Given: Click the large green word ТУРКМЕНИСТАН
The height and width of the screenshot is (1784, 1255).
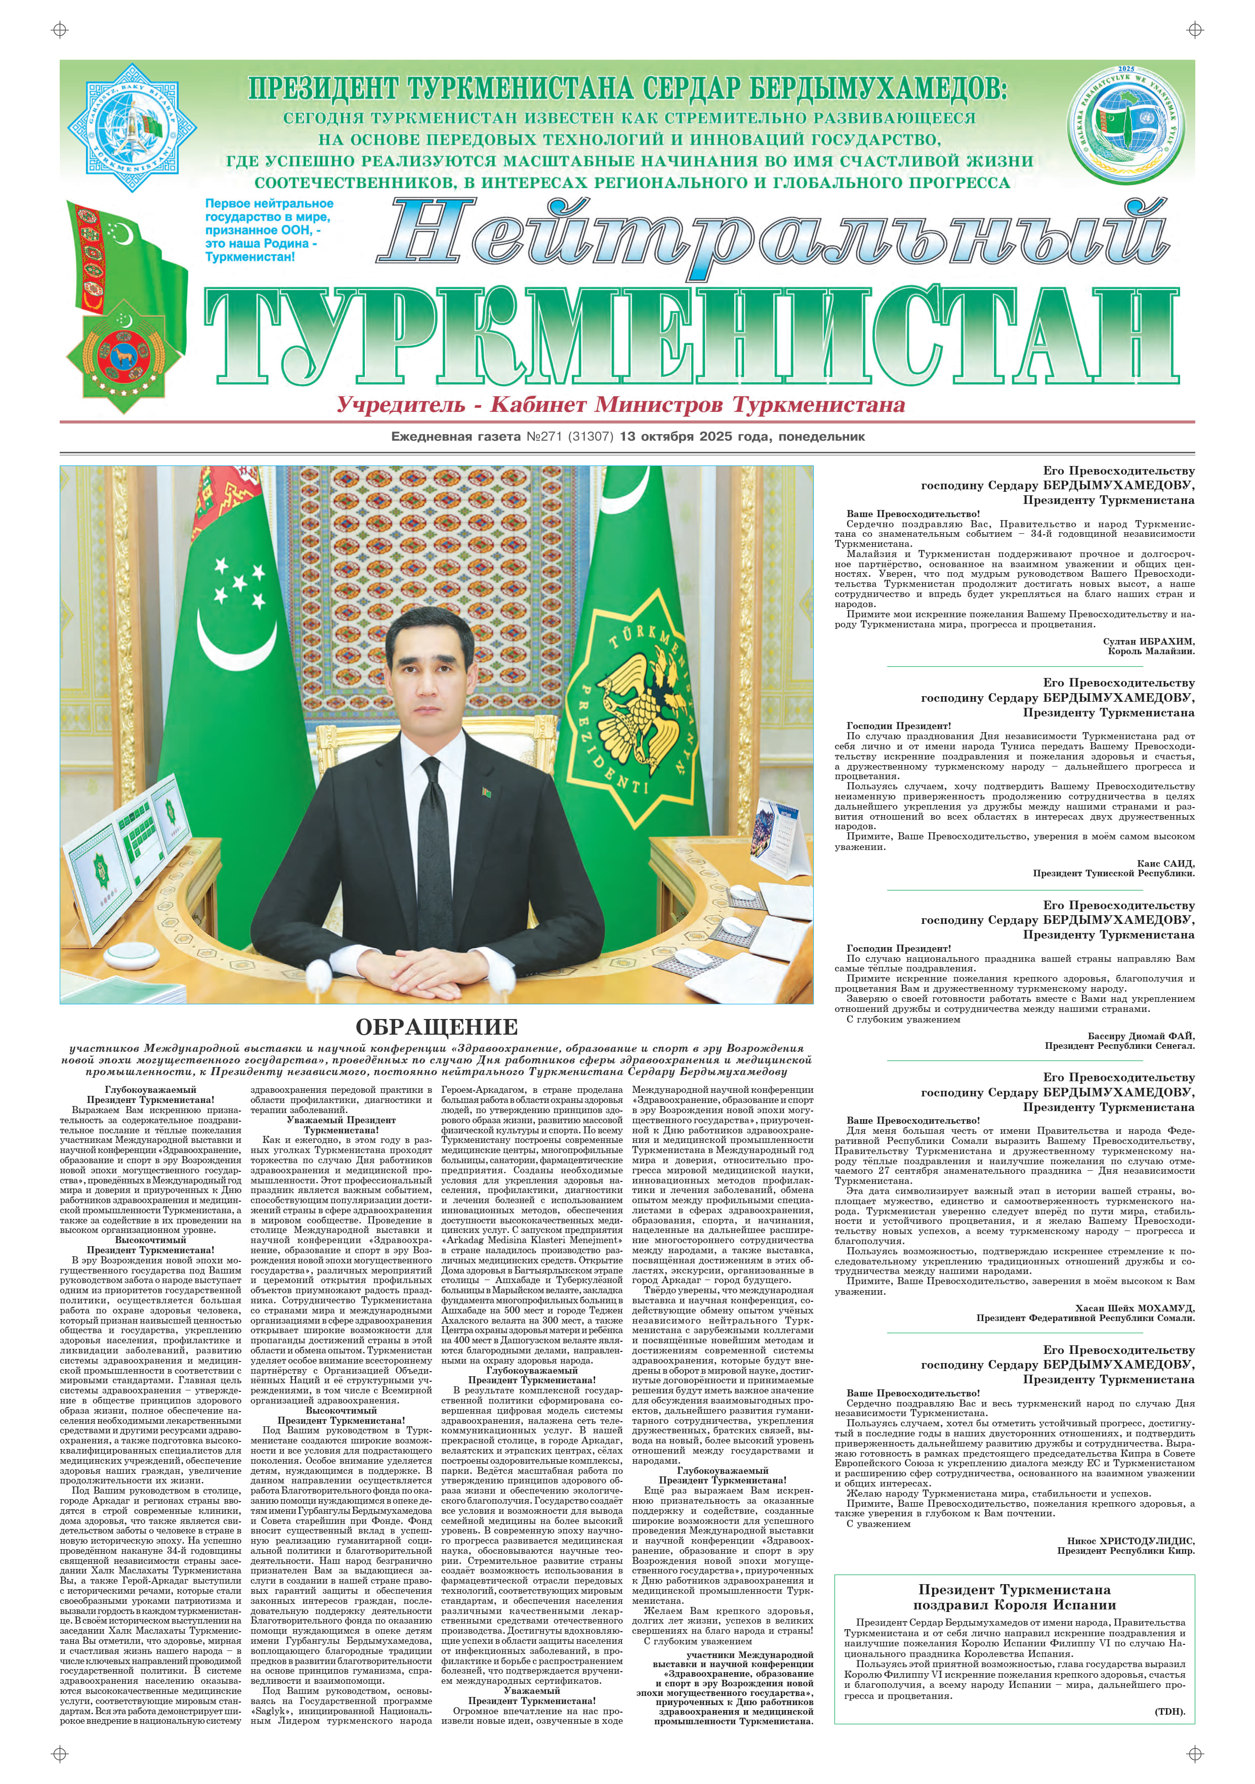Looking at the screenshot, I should [x=692, y=337].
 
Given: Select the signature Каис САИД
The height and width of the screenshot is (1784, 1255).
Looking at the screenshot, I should [x=1165, y=863].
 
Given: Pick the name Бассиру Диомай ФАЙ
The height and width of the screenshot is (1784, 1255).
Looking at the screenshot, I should [x=1141, y=1036].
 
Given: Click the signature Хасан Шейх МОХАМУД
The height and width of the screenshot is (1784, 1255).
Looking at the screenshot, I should [x=1135, y=1308].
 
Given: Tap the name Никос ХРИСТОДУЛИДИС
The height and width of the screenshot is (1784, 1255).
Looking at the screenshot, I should [x=1131, y=1541].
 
